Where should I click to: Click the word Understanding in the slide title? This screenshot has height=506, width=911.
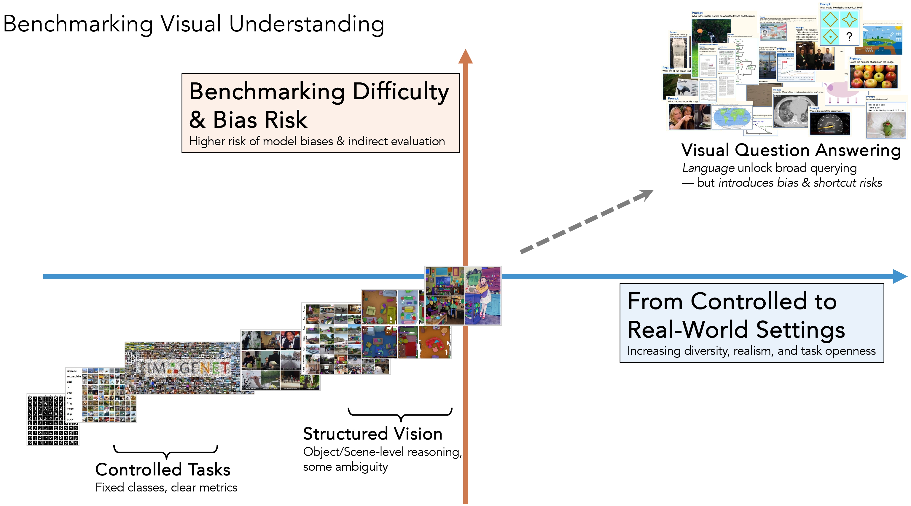306,24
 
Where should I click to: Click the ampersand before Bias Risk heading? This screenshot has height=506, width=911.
197,119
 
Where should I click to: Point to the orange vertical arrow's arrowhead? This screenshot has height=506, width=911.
465,57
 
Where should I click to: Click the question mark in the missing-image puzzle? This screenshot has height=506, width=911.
849,37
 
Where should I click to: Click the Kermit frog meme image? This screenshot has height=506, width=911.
885,125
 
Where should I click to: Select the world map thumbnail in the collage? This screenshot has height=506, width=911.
731,117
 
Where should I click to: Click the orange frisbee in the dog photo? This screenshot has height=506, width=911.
700,31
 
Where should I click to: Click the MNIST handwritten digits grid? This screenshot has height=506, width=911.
52,421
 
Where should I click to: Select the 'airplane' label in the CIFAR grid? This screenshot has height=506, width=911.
71,371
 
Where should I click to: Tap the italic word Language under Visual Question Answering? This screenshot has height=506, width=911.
708,168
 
